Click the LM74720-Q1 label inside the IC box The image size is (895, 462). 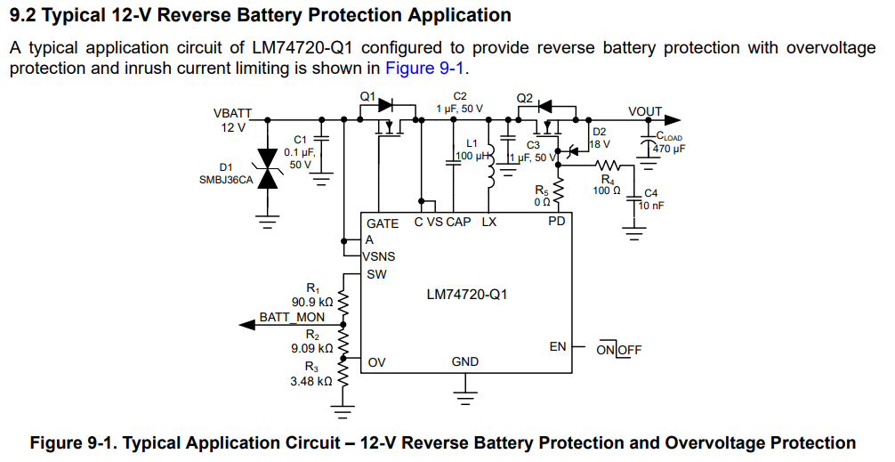[467, 293]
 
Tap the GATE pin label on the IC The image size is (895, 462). [383, 223]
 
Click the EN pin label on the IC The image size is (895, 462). [558, 346]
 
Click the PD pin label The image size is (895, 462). [556, 222]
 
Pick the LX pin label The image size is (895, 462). [489, 222]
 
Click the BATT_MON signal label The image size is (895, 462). [292, 317]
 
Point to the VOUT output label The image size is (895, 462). [645, 111]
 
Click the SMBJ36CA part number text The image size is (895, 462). [227, 179]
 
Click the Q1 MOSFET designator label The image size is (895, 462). [367, 95]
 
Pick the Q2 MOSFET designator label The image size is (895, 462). [525, 97]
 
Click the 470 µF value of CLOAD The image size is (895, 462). [670, 149]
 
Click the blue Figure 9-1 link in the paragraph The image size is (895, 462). [425, 69]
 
